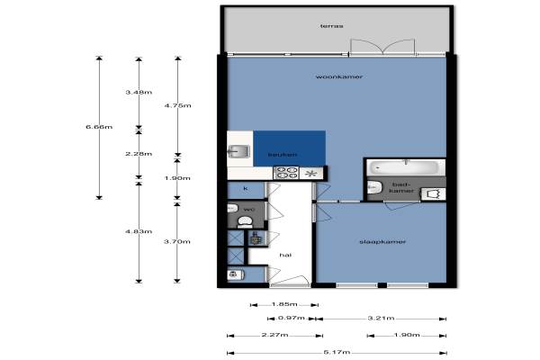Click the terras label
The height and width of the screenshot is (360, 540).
click(331, 26)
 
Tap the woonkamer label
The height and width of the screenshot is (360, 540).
click(339, 76)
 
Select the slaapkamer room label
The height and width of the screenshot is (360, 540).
click(382, 242)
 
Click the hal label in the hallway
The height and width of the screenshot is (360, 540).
click(285, 255)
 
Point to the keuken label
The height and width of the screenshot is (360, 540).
click(283, 155)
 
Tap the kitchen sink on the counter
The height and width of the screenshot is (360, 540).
click(239, 151)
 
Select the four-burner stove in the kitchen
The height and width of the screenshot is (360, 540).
click(286, 173)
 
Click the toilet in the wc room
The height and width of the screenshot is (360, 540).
click(245, 222)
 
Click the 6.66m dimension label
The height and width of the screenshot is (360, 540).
click(99, 127)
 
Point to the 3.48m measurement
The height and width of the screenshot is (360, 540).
click(139, 93)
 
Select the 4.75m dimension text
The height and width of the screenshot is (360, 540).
click(177, 105)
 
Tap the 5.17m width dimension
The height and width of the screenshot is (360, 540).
click(337, 352)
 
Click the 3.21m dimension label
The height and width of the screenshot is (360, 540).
click(381, 318)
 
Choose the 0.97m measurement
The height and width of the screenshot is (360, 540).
click(292, 318)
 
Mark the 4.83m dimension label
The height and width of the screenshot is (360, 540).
click(139, 231)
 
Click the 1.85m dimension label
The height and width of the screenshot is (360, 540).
click(284, 304)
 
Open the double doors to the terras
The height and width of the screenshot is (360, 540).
click(382, 47)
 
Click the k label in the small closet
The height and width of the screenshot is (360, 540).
click(246, 189)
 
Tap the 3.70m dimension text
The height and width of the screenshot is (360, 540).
click(177, 241)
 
